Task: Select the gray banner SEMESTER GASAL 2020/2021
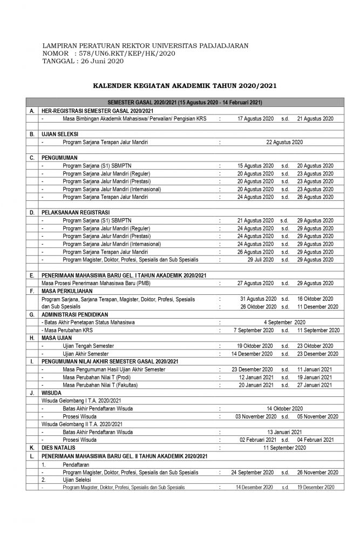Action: (184, 103)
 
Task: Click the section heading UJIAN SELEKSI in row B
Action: (59, 133)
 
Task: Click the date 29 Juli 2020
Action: (261, 259)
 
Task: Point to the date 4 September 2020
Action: (285, 322)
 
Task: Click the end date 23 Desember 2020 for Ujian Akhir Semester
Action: (318, 353)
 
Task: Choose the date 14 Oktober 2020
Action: (285, 408)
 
